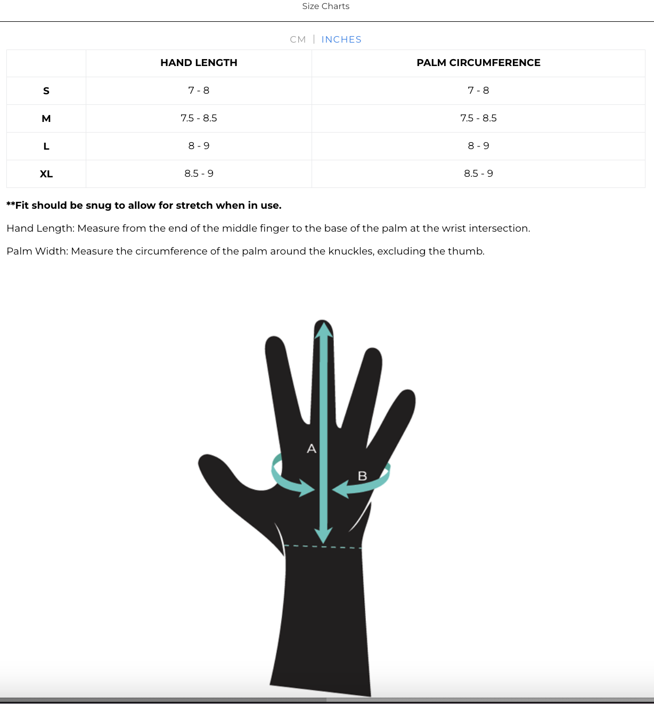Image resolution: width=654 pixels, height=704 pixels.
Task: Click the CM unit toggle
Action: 298,39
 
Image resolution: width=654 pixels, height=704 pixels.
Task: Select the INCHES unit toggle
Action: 341,39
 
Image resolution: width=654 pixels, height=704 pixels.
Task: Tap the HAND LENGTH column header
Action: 199,63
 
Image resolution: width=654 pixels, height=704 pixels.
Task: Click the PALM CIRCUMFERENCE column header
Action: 478,63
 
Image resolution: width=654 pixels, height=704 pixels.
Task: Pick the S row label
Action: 46,91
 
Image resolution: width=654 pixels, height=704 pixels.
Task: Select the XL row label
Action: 46,174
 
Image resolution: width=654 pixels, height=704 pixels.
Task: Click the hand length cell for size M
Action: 199,118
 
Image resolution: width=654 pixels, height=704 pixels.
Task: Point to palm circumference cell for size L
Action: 478,146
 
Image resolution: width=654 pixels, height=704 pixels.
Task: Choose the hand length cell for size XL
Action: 199,174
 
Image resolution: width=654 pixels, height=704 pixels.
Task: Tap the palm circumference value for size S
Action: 478,91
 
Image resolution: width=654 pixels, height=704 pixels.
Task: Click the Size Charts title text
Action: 325,6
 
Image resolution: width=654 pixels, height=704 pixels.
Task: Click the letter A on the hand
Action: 312,449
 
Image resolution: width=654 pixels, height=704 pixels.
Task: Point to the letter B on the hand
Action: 362,476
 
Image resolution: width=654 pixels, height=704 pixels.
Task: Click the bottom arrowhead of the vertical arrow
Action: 323,535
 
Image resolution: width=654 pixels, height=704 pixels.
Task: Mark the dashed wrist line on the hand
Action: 323,546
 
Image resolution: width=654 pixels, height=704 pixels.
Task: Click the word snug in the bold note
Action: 98,206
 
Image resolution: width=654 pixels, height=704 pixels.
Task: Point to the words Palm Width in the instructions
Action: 37,251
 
